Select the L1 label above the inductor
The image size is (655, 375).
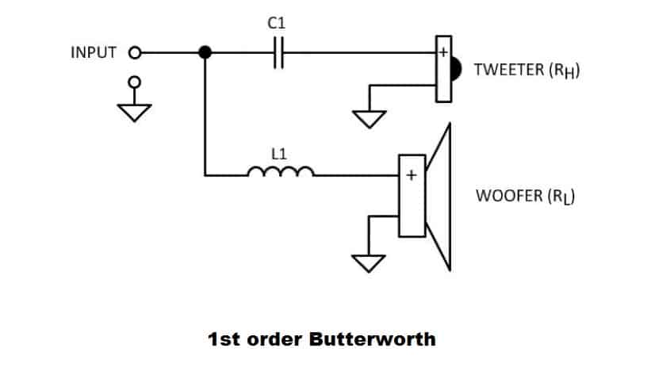279,155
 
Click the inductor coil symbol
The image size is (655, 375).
282,170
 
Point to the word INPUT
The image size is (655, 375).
94,53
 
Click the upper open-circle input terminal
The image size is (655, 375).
135,53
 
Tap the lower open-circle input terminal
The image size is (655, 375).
135,81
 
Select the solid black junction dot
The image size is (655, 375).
205,53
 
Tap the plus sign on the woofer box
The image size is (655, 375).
412,176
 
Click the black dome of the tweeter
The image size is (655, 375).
455,70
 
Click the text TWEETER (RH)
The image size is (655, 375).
527,70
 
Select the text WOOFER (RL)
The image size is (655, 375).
524,195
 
